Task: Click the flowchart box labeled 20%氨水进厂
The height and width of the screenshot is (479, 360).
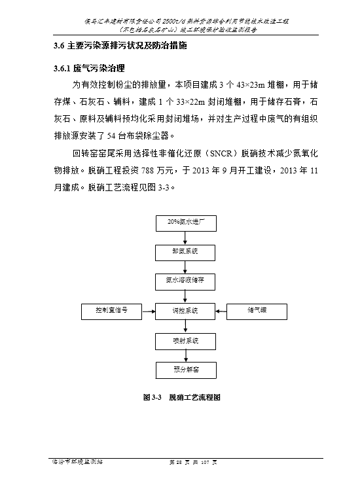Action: pos(186,223)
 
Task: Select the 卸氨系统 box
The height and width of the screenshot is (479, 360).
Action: pos(185,253)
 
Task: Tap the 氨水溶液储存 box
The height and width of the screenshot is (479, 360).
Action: pos(185,282)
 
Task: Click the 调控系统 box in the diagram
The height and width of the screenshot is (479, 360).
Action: pos(185,311)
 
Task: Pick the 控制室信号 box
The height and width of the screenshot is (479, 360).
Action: pos(111,311)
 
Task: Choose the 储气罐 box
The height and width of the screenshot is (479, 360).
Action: pos(257,311)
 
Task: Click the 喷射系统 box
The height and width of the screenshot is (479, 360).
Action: pos(185,342)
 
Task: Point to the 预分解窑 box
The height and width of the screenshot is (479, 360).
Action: pos(186,370)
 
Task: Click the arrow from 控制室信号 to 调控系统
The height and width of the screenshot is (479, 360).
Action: pos(149,311)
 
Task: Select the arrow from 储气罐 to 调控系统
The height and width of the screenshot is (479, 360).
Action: pos(221,311)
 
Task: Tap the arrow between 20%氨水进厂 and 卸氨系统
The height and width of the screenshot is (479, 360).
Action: pos(185,238)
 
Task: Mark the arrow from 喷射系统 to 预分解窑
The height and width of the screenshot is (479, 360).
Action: pos(186,356)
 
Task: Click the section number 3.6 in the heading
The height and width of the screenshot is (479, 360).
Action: pos(59,46)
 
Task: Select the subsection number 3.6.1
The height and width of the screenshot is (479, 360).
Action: pos(62,69)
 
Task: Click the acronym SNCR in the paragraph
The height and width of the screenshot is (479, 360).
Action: pos(222,153)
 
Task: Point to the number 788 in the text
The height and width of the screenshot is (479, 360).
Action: pos(148,170)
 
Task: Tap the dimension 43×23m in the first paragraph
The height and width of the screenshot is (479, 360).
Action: pos(251,85)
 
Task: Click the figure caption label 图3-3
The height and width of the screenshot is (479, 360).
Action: pos(153,397)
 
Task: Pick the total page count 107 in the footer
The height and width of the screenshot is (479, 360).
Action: pos(205,462)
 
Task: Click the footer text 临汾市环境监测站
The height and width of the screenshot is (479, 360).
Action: pos(77,462)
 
